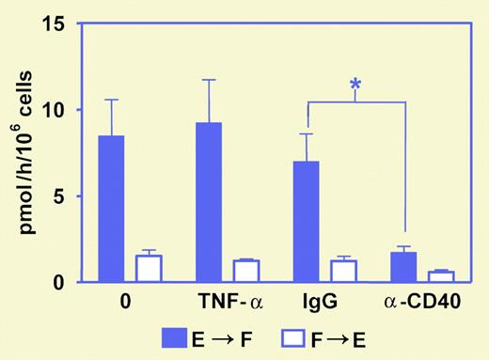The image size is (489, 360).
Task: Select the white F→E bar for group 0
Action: (149, 269)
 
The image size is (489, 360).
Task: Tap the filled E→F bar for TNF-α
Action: (209, 202)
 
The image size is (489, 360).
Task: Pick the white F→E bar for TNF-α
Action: (245, 271)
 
